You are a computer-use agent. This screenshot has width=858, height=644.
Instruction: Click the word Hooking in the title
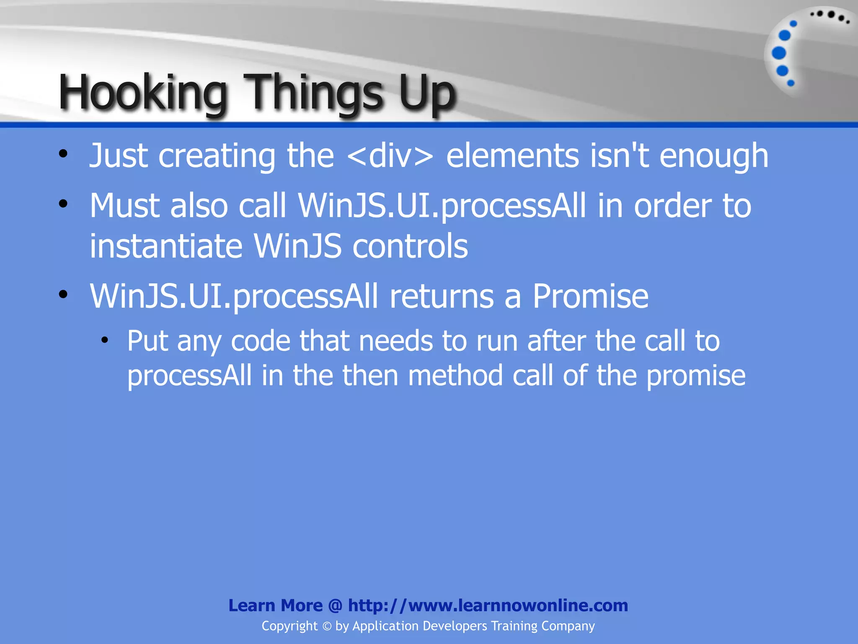tap(143, 92)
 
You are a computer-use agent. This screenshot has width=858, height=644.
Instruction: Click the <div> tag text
tap(390, 156)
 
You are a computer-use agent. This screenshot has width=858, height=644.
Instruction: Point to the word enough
tap(714, 156)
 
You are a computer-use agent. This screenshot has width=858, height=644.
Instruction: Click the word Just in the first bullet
tap(119, 156)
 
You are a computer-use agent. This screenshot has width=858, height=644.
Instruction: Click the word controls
tap(410, 246)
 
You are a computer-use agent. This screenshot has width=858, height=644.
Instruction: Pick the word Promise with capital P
tap(590, 296)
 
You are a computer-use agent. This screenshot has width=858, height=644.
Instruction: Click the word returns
tap(442, 296)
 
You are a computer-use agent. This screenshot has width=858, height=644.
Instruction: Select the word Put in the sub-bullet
tap(147, 340)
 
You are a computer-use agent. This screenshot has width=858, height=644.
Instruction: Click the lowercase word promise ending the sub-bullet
tap(695, 376)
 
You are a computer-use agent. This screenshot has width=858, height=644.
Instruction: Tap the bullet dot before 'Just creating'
tap(63, 154)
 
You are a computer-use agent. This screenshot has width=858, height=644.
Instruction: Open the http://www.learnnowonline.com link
tap(488, 605)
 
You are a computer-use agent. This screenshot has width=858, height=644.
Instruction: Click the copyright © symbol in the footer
tap(327, 626)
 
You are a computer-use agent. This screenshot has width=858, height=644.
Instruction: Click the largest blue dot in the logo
tap(779, 53)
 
